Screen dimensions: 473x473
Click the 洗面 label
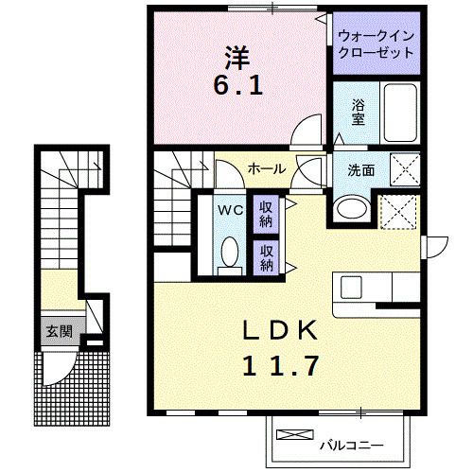tap(360, 172)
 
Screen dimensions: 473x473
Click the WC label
tap(229, 208)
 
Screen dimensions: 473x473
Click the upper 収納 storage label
tap(267, 215)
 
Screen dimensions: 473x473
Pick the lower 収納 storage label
tap(267, 257)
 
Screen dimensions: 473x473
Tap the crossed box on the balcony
tap(295, 436)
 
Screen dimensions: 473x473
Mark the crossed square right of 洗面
tap(405, 172)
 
